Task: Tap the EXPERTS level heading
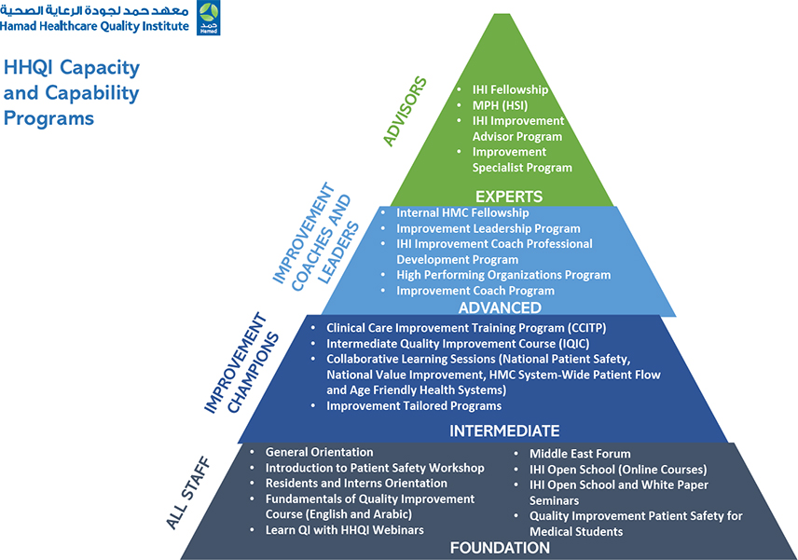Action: point(508,197)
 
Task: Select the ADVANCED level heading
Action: point(500,307)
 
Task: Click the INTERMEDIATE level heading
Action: point(504,430)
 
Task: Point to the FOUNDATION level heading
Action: point(500,547)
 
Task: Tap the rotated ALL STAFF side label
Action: point(188,493)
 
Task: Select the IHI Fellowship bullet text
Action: point(510,89)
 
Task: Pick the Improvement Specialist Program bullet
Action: point(522,159)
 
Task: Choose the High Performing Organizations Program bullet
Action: point(503,275)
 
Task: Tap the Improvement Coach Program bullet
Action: point(475,291)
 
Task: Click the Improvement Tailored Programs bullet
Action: point(413,405)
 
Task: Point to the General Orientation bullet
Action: point(319,452)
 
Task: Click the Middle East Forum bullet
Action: point(580,454)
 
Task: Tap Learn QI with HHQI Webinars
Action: point(344,530)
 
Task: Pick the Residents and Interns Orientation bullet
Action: point(356,484)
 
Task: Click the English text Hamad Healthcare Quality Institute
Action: point(94,26)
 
